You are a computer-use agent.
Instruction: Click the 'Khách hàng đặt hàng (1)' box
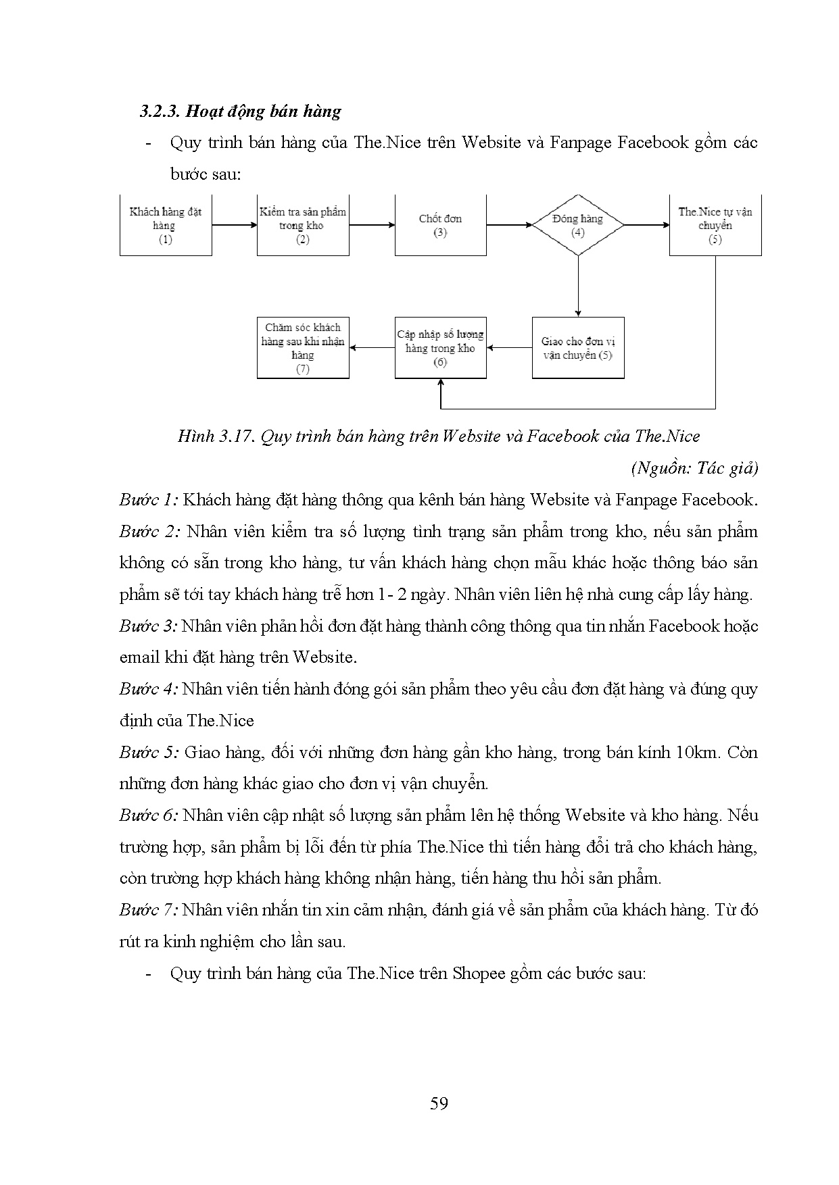click(166, 226)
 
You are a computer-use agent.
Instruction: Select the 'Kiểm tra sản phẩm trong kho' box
click(303, 226)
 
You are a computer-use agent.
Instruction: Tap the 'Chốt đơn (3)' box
click(440, 226)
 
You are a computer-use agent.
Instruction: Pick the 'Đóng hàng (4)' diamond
click(577, 226)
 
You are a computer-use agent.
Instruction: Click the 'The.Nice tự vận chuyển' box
click(715, 226)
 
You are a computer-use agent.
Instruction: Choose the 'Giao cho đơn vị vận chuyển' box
click(577, 348)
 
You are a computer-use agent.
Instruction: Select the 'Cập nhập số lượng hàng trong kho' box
click(440, 348)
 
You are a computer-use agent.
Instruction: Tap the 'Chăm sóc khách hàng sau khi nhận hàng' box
click(303, 348)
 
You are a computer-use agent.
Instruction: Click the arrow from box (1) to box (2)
click(235, 226)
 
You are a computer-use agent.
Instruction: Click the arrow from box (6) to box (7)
click(372, 348)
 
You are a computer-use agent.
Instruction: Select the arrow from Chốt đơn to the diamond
click(509, 224)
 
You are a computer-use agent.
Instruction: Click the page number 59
click(439, 1103)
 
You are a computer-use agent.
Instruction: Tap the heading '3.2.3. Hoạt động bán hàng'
click(240, 111)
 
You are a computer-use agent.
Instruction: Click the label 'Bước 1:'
click(149, 500)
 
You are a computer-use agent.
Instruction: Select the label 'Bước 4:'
click(149, 689)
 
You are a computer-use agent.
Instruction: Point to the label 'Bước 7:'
click(149, 910)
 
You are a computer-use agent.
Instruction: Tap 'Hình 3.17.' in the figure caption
click(216, 436)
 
